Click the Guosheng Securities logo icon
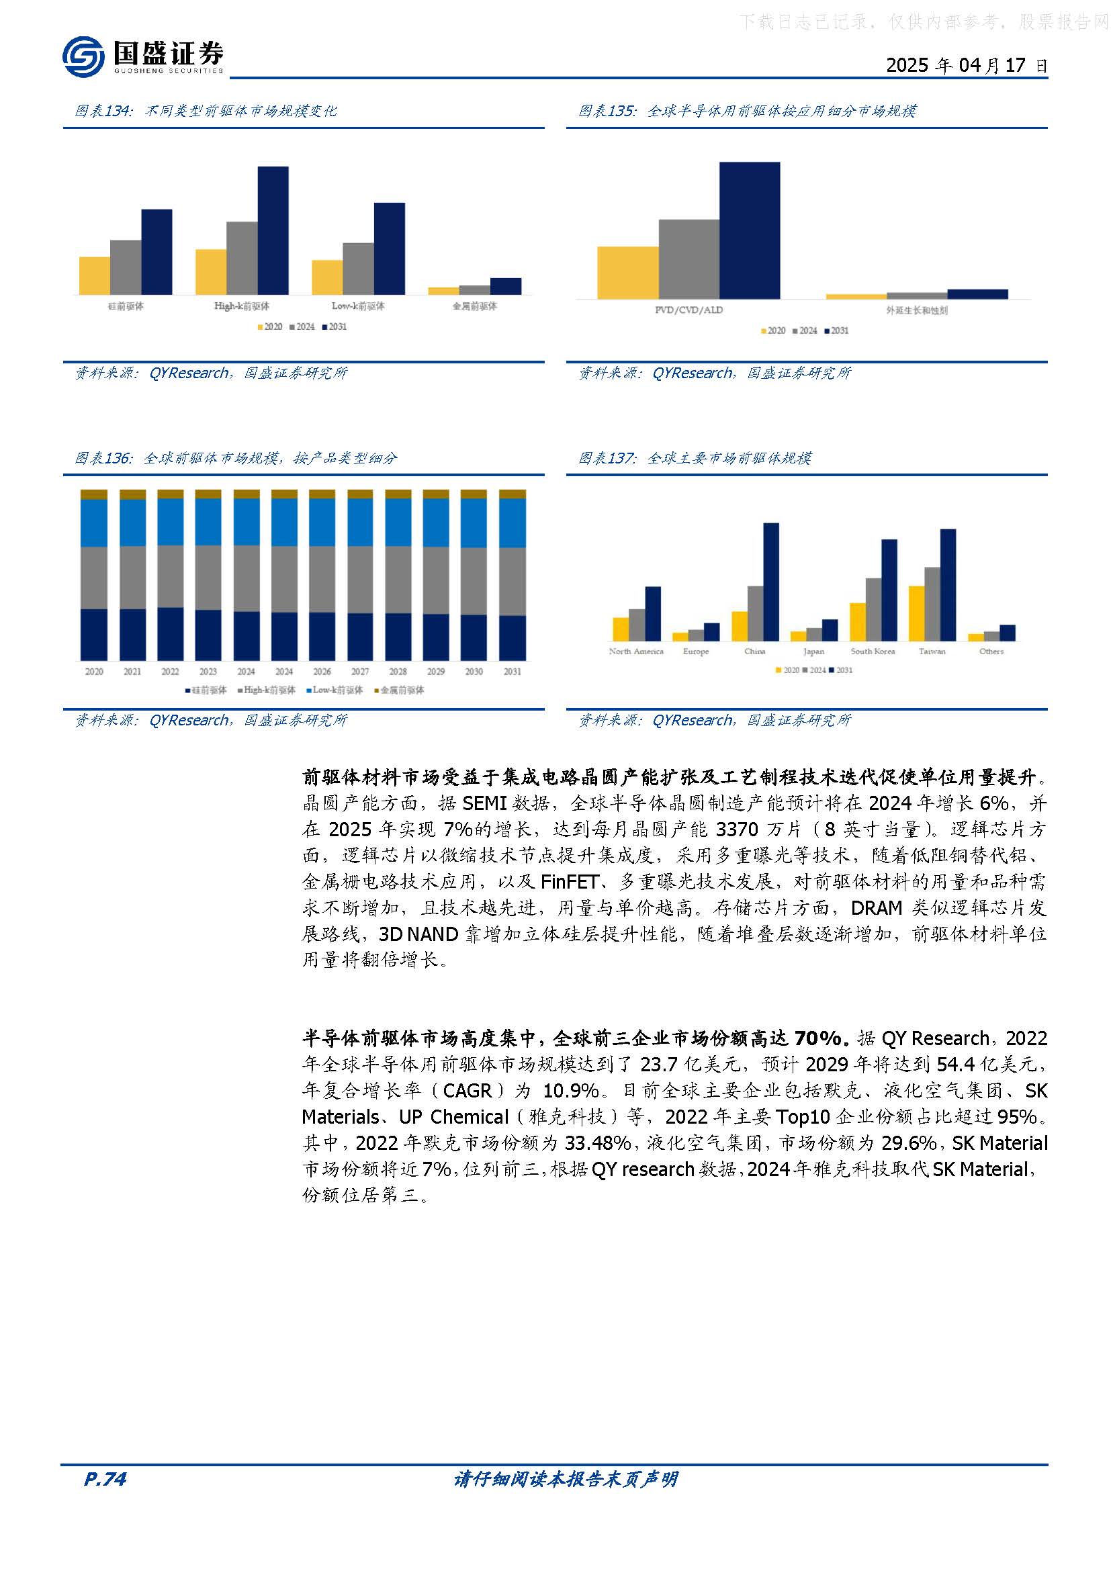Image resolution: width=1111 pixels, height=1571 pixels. click(83, 56)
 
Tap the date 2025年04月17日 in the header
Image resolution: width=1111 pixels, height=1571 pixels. click(966, 66)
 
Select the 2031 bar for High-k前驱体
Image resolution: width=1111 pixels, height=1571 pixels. click(273, 230)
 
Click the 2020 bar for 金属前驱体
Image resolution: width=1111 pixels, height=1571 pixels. click(443, 291)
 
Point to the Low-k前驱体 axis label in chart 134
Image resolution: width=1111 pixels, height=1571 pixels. click(358, 306)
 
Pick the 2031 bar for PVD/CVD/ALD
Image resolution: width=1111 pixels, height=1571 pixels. click(750, 230)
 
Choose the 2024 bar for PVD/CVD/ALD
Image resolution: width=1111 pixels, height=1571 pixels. click(689, 259)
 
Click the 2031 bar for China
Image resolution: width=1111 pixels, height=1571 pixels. click(771, 582)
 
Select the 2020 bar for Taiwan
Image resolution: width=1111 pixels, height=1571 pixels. click(917, 613)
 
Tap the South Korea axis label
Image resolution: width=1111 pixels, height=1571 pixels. click(873, 652)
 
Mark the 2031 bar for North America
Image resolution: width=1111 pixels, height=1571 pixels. click(653, 614)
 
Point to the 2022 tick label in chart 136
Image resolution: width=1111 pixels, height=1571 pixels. click(170, 672)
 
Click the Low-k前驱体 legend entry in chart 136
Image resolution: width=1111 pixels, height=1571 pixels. click(335, 690)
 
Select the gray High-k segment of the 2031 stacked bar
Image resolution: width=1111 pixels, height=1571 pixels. click(513, 582)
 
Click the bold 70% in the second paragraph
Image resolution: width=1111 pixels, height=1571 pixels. click(817, 1038)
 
